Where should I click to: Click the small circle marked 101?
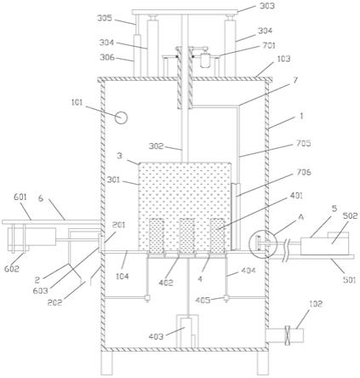[121, 117]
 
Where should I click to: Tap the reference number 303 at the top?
[266, 6]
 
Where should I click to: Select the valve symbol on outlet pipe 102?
[288, 335]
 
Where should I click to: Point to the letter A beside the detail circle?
[301, 217]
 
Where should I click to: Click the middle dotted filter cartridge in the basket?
[187, 236]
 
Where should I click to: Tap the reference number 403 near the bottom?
[156, 336]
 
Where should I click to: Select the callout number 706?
[303, 172]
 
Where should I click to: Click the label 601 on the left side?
[20, 197]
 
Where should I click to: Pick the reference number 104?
[123, 276]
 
